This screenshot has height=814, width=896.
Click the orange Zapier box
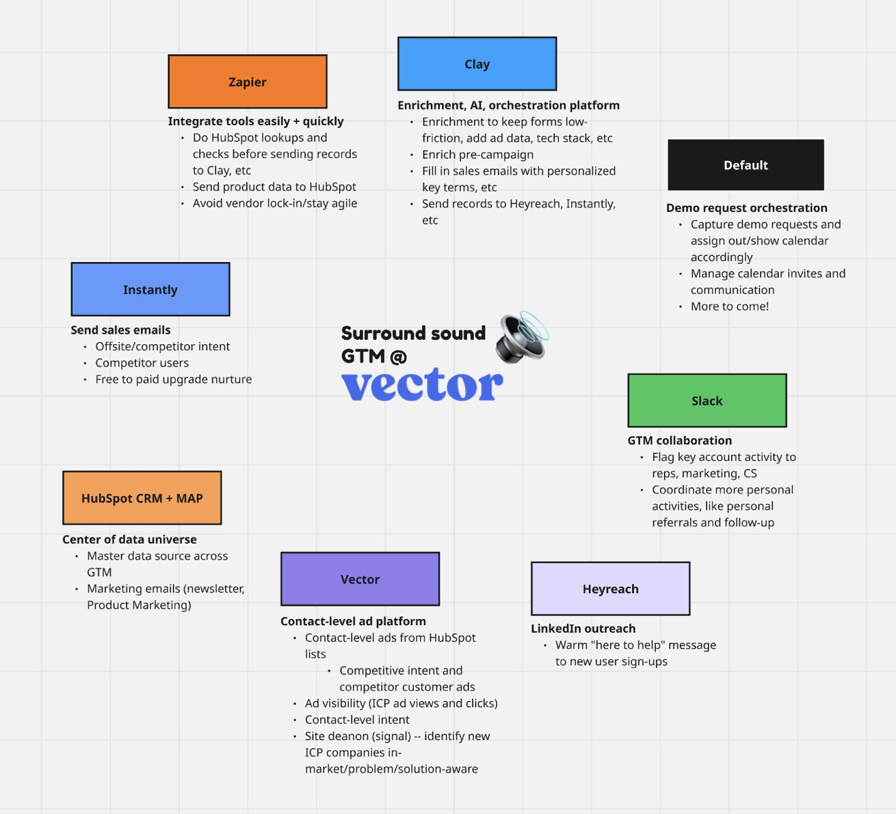(248, 81)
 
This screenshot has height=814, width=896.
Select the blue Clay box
(477, 64)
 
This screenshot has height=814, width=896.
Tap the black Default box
(746, 165)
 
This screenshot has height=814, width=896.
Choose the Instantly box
(150, 289)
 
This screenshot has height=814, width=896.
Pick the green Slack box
(707, 401)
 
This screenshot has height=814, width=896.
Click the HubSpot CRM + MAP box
(142, 498)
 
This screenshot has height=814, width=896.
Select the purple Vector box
(360, 579)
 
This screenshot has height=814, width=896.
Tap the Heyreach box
(610, 589)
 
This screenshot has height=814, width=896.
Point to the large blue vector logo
(422, 385)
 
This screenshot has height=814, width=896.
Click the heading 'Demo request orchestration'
(746, 208)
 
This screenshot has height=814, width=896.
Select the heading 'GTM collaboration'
(679, 441)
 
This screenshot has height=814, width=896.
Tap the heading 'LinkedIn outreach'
(583, 629)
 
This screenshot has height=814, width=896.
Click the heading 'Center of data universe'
(129, 540)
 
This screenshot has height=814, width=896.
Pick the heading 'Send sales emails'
(120, 330)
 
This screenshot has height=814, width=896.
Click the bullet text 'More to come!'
(729, 306)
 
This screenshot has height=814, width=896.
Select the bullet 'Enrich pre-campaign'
(477, 155)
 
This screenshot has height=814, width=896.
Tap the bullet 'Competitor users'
(142, 363)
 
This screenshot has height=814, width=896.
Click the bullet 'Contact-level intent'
(357, 720)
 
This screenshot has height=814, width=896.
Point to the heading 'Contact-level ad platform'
(353, 621)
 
